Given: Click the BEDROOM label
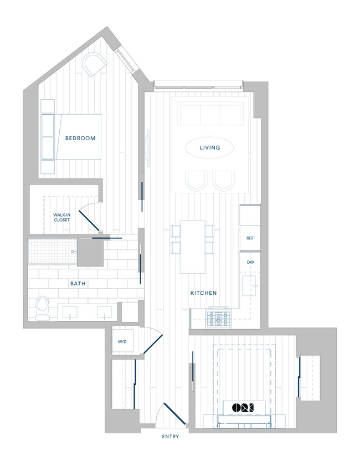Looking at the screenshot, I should click(x=80, y=138).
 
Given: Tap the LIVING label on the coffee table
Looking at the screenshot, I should click(x=209, y=148).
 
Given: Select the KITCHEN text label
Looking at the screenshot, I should click(x=203, y=293).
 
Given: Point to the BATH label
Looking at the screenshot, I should click(x=78, y=283).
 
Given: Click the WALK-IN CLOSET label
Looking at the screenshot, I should click(x=62, y=217).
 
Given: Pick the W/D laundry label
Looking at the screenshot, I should click(x=122, y=341).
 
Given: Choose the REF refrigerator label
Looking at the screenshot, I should click(x=250, y=238).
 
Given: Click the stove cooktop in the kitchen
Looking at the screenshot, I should click(x=218, y=318).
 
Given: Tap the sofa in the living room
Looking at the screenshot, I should click(x=209, y=115).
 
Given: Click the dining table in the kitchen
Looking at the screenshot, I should click(x=192, y=246).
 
